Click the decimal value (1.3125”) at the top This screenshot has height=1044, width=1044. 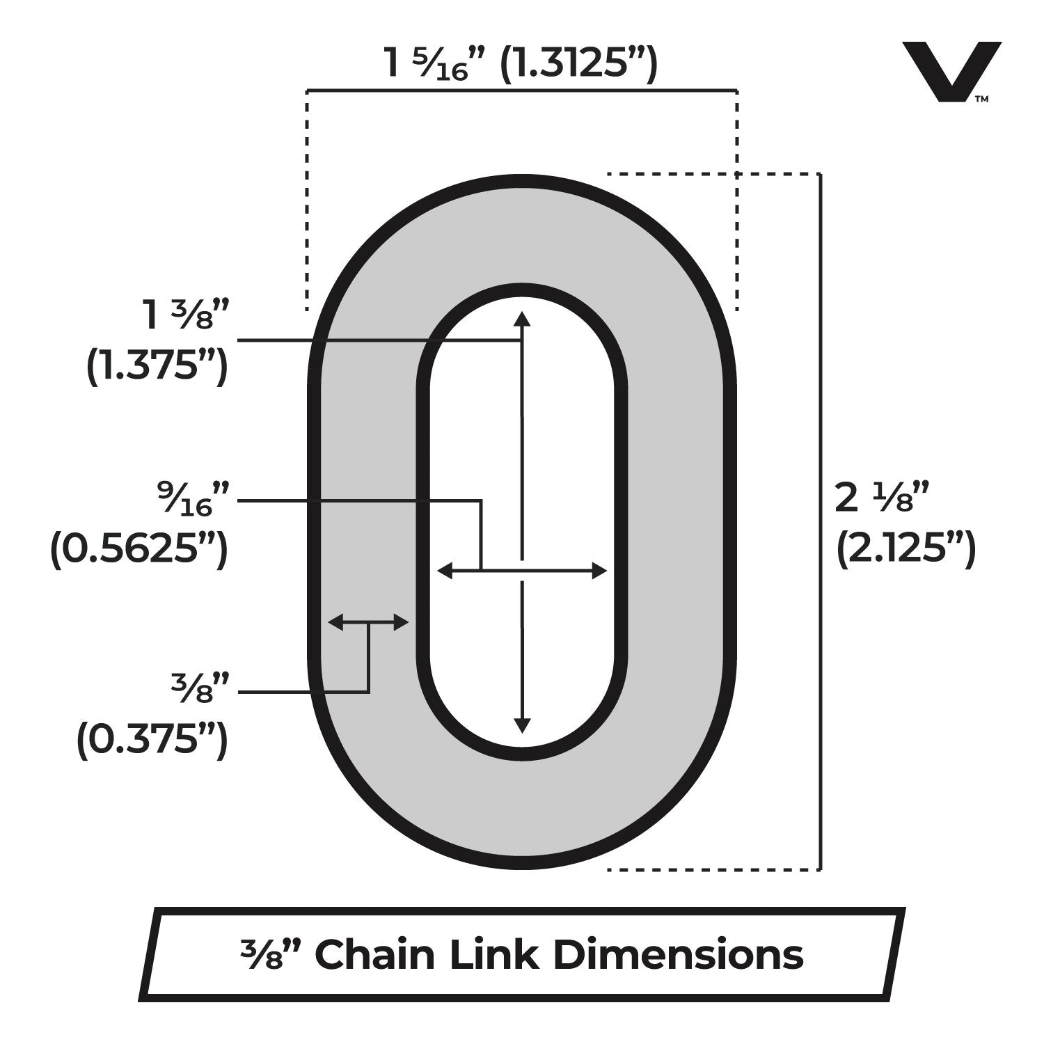pos(579,64)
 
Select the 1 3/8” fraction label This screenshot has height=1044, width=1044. pos(185,317)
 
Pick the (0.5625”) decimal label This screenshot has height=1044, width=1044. pos(139,549)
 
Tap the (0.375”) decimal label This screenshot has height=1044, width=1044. pos(152,740)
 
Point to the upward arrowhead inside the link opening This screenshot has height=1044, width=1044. pos(522,318)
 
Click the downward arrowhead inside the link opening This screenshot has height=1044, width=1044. pos(522,726)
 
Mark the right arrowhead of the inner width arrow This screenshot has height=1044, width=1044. pos(599,571)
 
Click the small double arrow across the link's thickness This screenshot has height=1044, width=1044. pos(368,622)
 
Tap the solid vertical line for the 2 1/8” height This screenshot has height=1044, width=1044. pos(821,521)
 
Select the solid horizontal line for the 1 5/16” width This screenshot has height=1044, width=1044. pos(522,90)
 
